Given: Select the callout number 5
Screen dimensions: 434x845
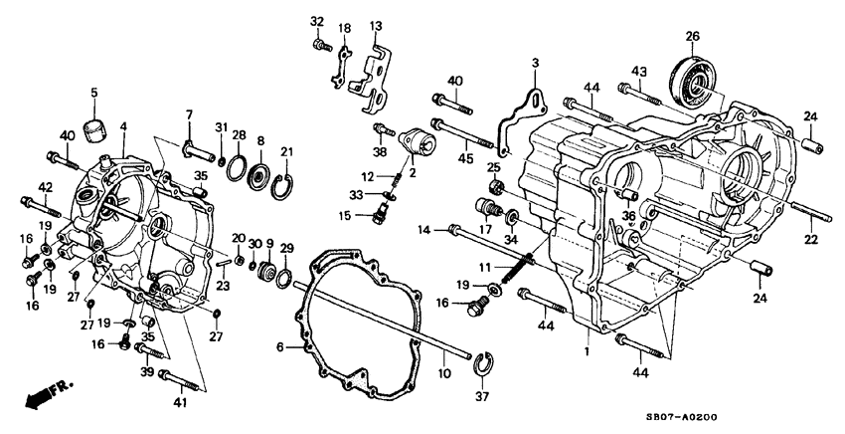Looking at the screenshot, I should point(95,93).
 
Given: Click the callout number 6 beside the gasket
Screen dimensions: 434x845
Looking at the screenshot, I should point(279,347).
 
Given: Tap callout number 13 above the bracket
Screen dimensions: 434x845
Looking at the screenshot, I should point(376,25).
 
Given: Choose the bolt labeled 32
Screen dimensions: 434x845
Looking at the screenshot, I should point(320,44).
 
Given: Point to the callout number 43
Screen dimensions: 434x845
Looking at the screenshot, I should point(638,72).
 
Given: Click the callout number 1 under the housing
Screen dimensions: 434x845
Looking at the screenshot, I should point(588,351).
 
